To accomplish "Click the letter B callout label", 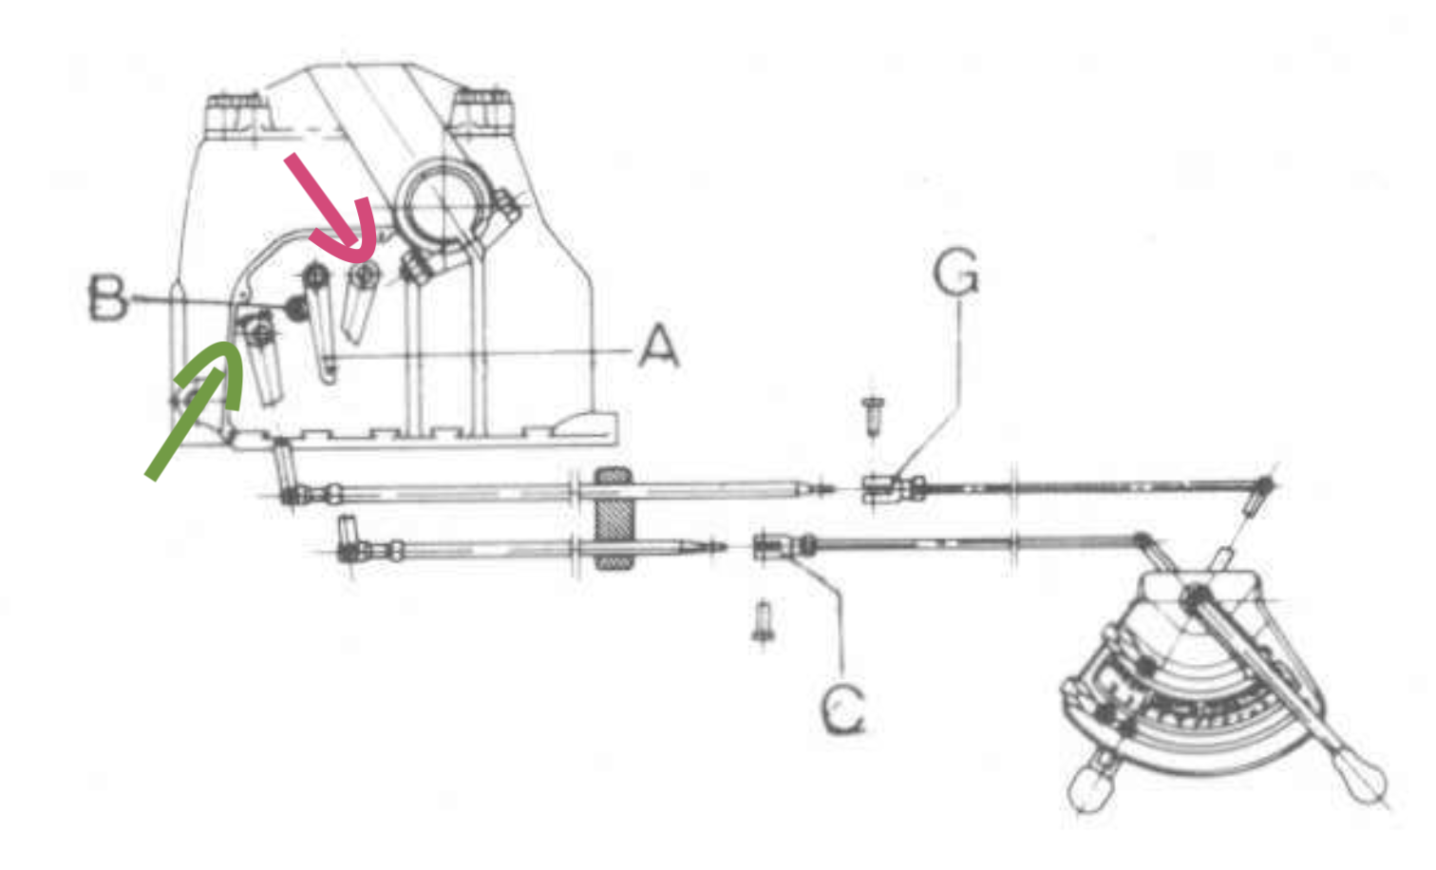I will pos(107,297).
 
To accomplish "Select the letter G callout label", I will pos(955,273).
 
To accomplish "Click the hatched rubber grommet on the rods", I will pos(613,519).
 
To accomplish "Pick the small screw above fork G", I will pos(873,414).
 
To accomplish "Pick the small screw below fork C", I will pos(763,621).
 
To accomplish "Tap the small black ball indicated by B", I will pos(296,306).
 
